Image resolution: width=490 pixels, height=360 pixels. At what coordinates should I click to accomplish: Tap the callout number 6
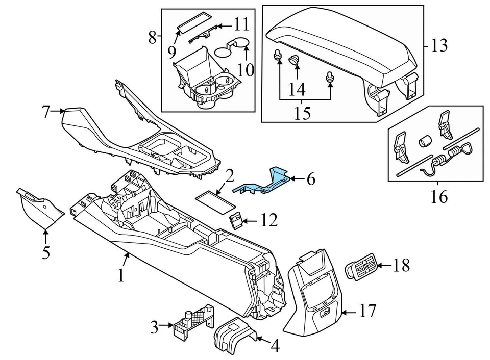coord(311,179)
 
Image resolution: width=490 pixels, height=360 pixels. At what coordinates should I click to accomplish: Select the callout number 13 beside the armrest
coord(438,46)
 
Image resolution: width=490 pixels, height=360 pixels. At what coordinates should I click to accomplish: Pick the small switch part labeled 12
coord(235,220)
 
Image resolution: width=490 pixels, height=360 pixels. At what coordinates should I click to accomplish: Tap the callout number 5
coord(46,252)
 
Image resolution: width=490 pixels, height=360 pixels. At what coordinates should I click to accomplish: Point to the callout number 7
coord(46,111)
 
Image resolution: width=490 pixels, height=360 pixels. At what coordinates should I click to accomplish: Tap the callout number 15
coord(303,113)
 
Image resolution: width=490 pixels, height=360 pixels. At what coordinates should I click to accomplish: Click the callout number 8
coord(152,37)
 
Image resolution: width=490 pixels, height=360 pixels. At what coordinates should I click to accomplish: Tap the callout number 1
coord(121,276)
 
